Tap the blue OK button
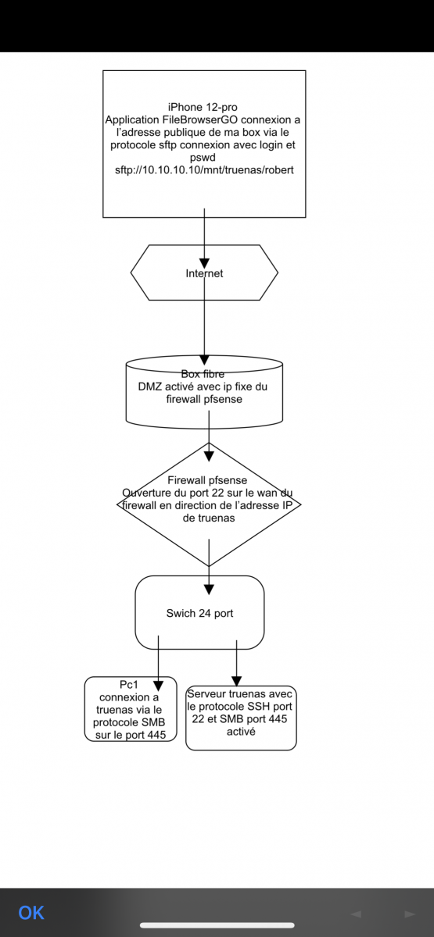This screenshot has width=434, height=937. pyautogui.click(x=31, y=913)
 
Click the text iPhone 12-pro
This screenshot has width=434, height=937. pyautogui.click(x=203, y=107)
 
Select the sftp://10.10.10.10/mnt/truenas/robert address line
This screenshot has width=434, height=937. pyautogui.click(x=204, y=170)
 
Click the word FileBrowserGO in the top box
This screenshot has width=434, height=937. pyautogui.click(x=197, y=119)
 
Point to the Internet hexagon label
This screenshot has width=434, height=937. pyautogui.click(x=204, y=273)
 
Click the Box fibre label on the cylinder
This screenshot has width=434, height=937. pyautogui.click(x=203, y=373)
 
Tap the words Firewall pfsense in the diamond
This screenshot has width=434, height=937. pyautogui.click(x=207, y=480)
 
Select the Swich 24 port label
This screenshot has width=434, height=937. pyautogui.click(x=199, y=613)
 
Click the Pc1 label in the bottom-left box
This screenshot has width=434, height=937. pyautogui.click(x=128, y=684)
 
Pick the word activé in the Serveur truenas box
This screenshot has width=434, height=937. pyautogui.click(x=241, y=731)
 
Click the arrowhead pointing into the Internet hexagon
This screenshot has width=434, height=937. pyautogui.click(x=204, y=264)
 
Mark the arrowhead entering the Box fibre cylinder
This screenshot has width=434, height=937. pyautogui.click(x=204, y=360)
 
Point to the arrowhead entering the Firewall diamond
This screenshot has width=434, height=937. pyautogui.click(x=209, y=456)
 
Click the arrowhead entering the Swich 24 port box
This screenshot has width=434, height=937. pyautogui.click(x=209, y=590)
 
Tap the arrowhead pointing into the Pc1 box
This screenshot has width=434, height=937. pyautogui.click(x=158, y=686)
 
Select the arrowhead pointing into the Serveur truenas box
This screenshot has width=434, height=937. pyautogui.click(x=237, y=682)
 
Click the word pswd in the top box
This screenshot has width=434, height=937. pyautogui.click(x=203, y=158)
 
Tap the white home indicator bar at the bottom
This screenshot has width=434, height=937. pyautogui.click(x=217, y=925)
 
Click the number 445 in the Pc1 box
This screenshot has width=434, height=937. pyautogui.click(x=156, y=735)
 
